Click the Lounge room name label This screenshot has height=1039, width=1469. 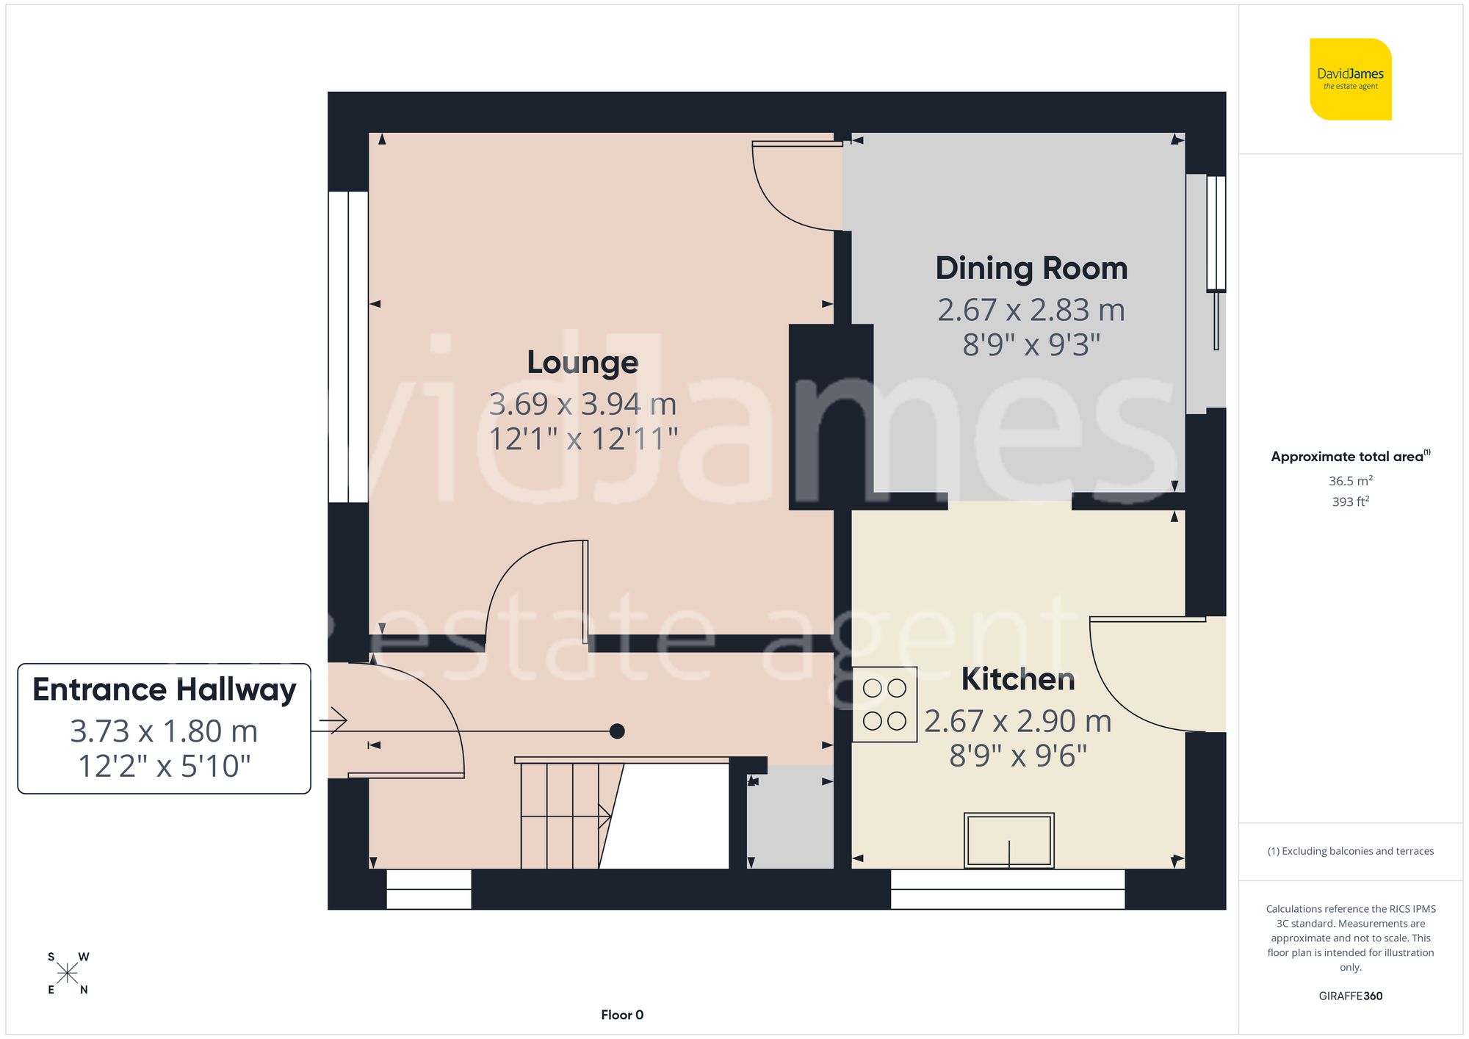(x=582, y=363)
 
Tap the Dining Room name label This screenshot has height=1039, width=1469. (x=1031, y=268)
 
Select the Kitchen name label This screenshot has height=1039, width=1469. (x=1018, y=679)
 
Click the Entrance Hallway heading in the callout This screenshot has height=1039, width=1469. (x=165, y=690)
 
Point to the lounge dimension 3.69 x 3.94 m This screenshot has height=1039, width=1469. (x=582, y=404)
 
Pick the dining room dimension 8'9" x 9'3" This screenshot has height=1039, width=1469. (x=1031, y=344)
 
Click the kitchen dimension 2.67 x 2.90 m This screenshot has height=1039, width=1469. (x=1018, y=721)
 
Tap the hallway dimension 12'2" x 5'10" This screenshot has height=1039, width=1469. (x=165, y=766)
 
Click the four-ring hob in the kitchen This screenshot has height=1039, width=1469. (x=884, y=704)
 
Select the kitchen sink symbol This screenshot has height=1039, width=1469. (x=1009, y=840)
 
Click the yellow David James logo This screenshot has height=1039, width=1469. (x=1351, y=79)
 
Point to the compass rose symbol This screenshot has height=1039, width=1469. (x=68, y=974)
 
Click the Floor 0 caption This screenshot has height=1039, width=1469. (x=622, y=1015)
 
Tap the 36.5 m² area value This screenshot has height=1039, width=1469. (x=1351, y=481)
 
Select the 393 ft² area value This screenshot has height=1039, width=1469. (x=1351, y=502)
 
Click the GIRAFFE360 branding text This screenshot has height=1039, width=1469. (x=1351, y=996)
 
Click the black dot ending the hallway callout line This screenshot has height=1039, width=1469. (x=617, y=731)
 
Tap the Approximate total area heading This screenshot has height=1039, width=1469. (x=1351, y=456)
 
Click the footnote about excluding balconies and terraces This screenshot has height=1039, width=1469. (x=1351, y=851)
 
